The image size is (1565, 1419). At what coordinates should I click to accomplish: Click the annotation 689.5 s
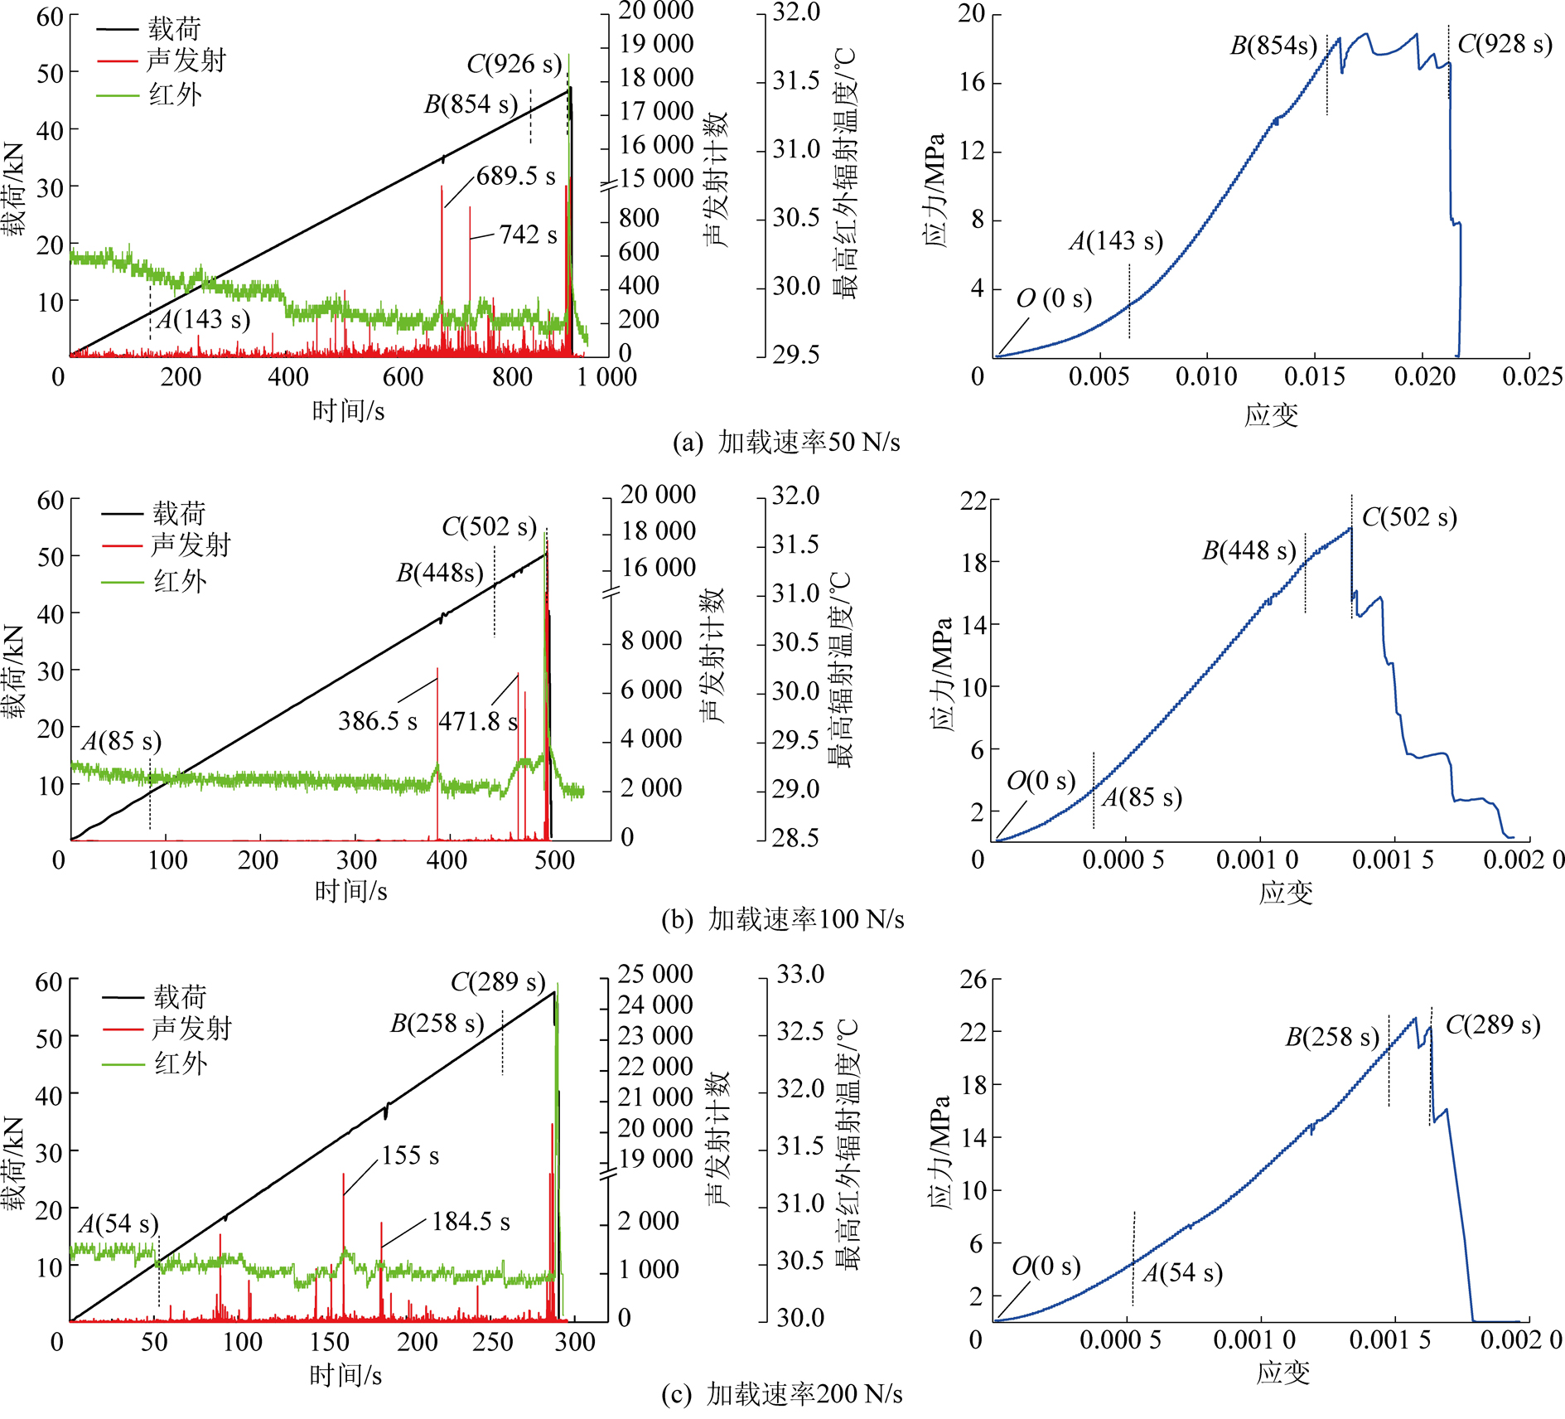[x=515, y=177]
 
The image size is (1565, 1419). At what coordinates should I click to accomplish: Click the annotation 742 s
[x=528, y=235]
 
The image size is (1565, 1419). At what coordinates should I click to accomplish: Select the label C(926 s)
[x=514, y=64]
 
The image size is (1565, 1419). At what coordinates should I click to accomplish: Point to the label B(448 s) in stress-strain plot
[x=1249, y=550]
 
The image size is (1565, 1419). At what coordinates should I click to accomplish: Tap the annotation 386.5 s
[x=377, y=721]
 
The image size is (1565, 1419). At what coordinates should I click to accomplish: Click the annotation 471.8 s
[x=478, y=722]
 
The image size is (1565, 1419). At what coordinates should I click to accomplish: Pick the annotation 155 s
[x=410, y=1155]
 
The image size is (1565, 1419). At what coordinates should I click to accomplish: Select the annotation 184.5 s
[x=471, y=1222]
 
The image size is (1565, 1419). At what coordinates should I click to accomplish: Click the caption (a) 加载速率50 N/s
[x=785, y=443]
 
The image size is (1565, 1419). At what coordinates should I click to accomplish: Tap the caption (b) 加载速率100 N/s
[x=782, y=919]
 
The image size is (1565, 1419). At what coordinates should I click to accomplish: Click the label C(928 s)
[x=1505, y=44]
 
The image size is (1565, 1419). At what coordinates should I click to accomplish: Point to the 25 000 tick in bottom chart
[x=654, y=974]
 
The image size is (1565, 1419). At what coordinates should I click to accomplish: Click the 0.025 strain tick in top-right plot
[x=1532, y=377]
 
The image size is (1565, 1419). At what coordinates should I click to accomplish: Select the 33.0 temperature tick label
[x=799, y=974]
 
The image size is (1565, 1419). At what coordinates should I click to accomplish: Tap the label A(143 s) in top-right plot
[x=1115, y=241]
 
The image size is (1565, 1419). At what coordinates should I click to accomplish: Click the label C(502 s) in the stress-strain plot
[x=1408, y=517]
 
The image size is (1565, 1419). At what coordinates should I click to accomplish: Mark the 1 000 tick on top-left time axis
[x=606, y=377]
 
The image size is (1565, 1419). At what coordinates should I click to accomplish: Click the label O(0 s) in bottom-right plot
[x=1046, y=1266]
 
